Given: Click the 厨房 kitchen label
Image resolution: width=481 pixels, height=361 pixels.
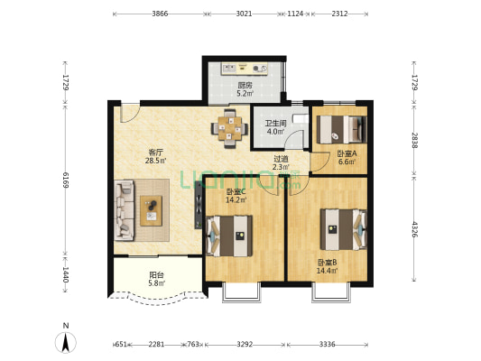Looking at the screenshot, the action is (x=245, y=85).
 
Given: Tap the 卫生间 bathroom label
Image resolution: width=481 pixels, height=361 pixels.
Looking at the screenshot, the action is (x=275, y=124).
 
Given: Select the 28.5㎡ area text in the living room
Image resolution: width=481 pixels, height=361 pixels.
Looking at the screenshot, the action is (x=155, y=161).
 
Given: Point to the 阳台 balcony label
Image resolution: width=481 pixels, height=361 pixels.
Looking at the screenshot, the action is (x=156, y=275).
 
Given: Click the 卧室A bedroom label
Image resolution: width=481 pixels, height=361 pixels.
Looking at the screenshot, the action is (x=347, y=153).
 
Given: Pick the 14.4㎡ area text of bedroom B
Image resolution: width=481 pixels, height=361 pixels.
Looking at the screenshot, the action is (x=327, y=271).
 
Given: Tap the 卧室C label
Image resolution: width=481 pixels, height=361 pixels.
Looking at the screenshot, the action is (x=236, y=192).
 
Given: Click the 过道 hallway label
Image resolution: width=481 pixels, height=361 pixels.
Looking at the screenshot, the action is (x=281, y=159).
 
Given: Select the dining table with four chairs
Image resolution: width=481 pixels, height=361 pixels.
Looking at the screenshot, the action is (x=229, y=129).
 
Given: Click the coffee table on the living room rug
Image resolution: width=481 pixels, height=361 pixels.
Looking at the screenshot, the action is (x=152, y=210).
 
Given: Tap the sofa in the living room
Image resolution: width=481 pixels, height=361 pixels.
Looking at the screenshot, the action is (x=124, y=210).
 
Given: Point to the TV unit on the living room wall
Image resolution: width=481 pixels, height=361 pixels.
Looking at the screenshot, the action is (x=199, y=205).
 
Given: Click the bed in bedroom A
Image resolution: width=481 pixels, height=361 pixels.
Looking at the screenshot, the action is (x=341, y=129).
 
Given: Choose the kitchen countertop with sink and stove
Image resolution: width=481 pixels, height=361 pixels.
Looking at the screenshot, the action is (x=245, y=69).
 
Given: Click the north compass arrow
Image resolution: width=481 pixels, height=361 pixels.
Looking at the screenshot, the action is (x=65, y=342).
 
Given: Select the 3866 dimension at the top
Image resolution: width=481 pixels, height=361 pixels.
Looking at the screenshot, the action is (x=160, y=14).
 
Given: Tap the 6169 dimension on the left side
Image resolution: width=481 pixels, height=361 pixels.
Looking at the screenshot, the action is (x=65, y=180).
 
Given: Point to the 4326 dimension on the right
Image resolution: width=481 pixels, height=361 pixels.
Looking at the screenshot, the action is (x=414, y=229).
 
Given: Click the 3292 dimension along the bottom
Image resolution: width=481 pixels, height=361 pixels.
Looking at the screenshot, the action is (x=245, y=345).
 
